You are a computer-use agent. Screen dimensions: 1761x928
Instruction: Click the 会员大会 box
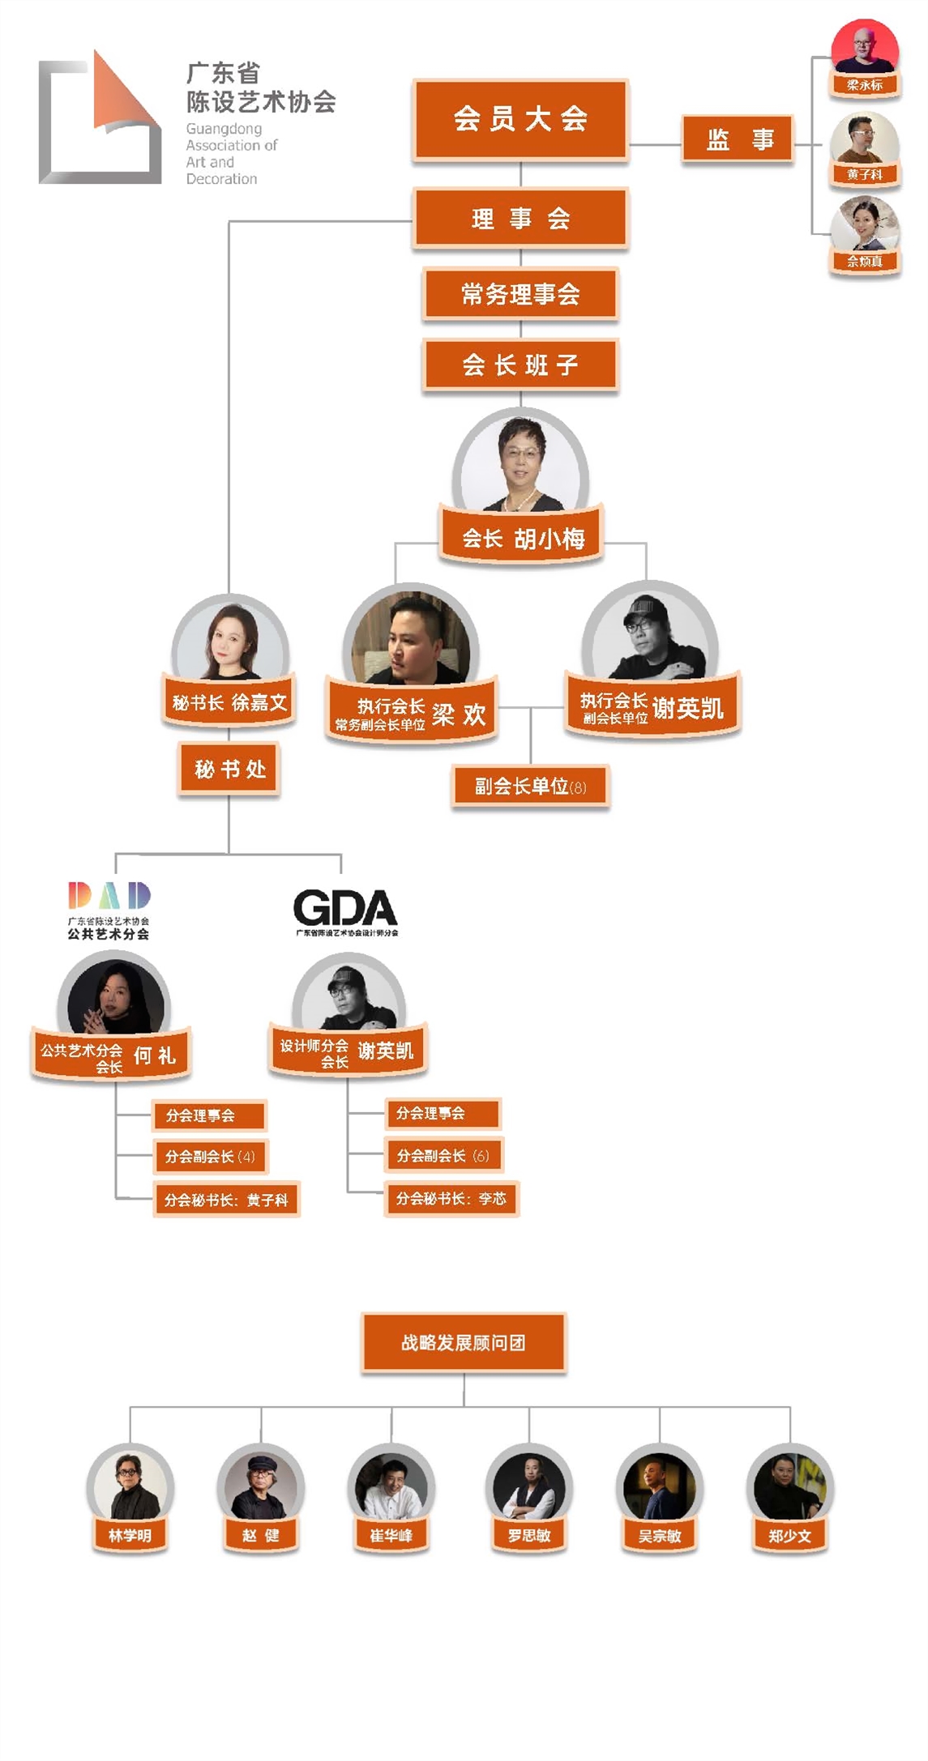pyautogui.click(x=520, y=119)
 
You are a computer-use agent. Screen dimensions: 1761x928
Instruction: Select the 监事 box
pyautogui.click(x=738, y=140)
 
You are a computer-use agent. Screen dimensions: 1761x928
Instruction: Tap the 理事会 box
pyautogui.click(x=520, y=219)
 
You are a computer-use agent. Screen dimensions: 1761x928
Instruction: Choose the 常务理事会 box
pyautogui.click(x=520, y=294)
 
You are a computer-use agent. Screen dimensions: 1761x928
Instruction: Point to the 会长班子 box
pyautogui.click(x=520, y=365)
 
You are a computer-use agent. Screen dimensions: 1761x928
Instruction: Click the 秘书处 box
pyautogui.click(x=229, y=769)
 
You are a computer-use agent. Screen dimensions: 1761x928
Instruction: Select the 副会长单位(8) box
pyautogui.click(x=530, y=786)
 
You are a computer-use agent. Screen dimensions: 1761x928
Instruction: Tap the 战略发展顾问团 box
pyautogui.click(x=464, y=1342)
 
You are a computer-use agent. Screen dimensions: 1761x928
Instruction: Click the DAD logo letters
pyautogui.click(x=109, y=895)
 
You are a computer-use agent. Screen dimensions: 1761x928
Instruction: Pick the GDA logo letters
pyautogui.click(x=345, y=908)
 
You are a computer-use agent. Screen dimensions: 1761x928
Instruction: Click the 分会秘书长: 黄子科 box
pyautogui.click(x=226, y=1200)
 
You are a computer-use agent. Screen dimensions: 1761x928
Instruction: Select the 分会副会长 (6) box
pyautogui.click(x=443, y=1155)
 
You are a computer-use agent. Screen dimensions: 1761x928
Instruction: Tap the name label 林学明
pyautogui.click(x=130, y=1535)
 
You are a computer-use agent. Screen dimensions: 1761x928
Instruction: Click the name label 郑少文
pyautogui.click(x=789, y=1535)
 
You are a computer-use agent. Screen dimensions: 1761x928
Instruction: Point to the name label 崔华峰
pyautogui.click(x=391, y=1535)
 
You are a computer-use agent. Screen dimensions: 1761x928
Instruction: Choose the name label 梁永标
pyautogui.click(x=864, y=85)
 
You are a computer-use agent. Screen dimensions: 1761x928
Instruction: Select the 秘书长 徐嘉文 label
pyautogui.click(x=229, y=702)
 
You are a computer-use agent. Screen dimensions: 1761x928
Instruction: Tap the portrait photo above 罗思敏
pyautogui.click(x=529, y=1486)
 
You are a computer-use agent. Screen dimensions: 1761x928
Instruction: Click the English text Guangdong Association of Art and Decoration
pyautogui.click(x=231, y=154)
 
